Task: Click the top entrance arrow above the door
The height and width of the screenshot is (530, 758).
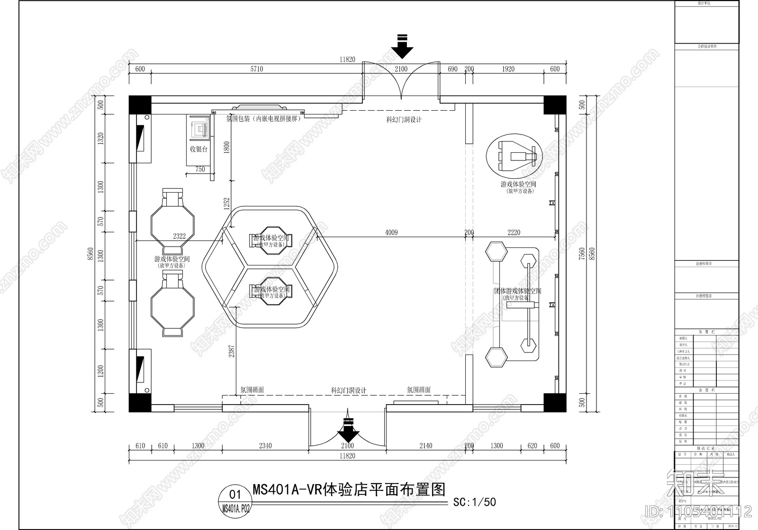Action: click(x=402, y=46)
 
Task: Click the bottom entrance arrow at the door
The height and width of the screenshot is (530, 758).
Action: click(x=348, y=429)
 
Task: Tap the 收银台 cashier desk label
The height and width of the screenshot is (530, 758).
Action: click(x=199, y=149)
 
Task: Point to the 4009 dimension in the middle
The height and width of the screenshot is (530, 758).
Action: click(x=391, y=232)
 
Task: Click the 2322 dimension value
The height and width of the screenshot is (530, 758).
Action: click(x=179, y=236)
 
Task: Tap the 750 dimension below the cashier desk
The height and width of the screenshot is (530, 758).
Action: click(x=200, y=169)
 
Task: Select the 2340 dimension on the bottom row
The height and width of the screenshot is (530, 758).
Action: click(x=265, y=446)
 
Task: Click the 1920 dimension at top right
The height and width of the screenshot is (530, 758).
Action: click(x=508, y=69)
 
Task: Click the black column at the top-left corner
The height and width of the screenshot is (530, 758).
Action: click(x=140, y=105)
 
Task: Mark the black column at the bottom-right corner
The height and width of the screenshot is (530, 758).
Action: click(x=555, y=402)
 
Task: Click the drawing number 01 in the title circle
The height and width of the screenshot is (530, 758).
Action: click(x=235, y=495)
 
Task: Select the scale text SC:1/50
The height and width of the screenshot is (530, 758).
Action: click(x=474, y=502)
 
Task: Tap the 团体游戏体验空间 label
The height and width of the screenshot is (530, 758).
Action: click(x=517, y=291)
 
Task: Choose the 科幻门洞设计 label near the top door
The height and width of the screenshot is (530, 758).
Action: click(x=404, y=120)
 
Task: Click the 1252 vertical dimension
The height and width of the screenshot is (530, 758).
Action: click(x=227, y=204)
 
